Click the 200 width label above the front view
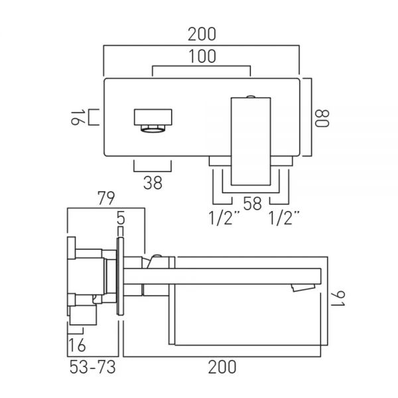click(x=202, y=34)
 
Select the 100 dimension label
click(x=202, y=56)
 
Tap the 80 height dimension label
click(x=322, y=118)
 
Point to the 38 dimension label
click(x=153, y=183)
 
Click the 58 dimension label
click(x=252, y=204)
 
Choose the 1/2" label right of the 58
click(x=284, y=218)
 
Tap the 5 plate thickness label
click(x=121, y=218)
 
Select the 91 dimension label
click(x=338, y=298)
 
